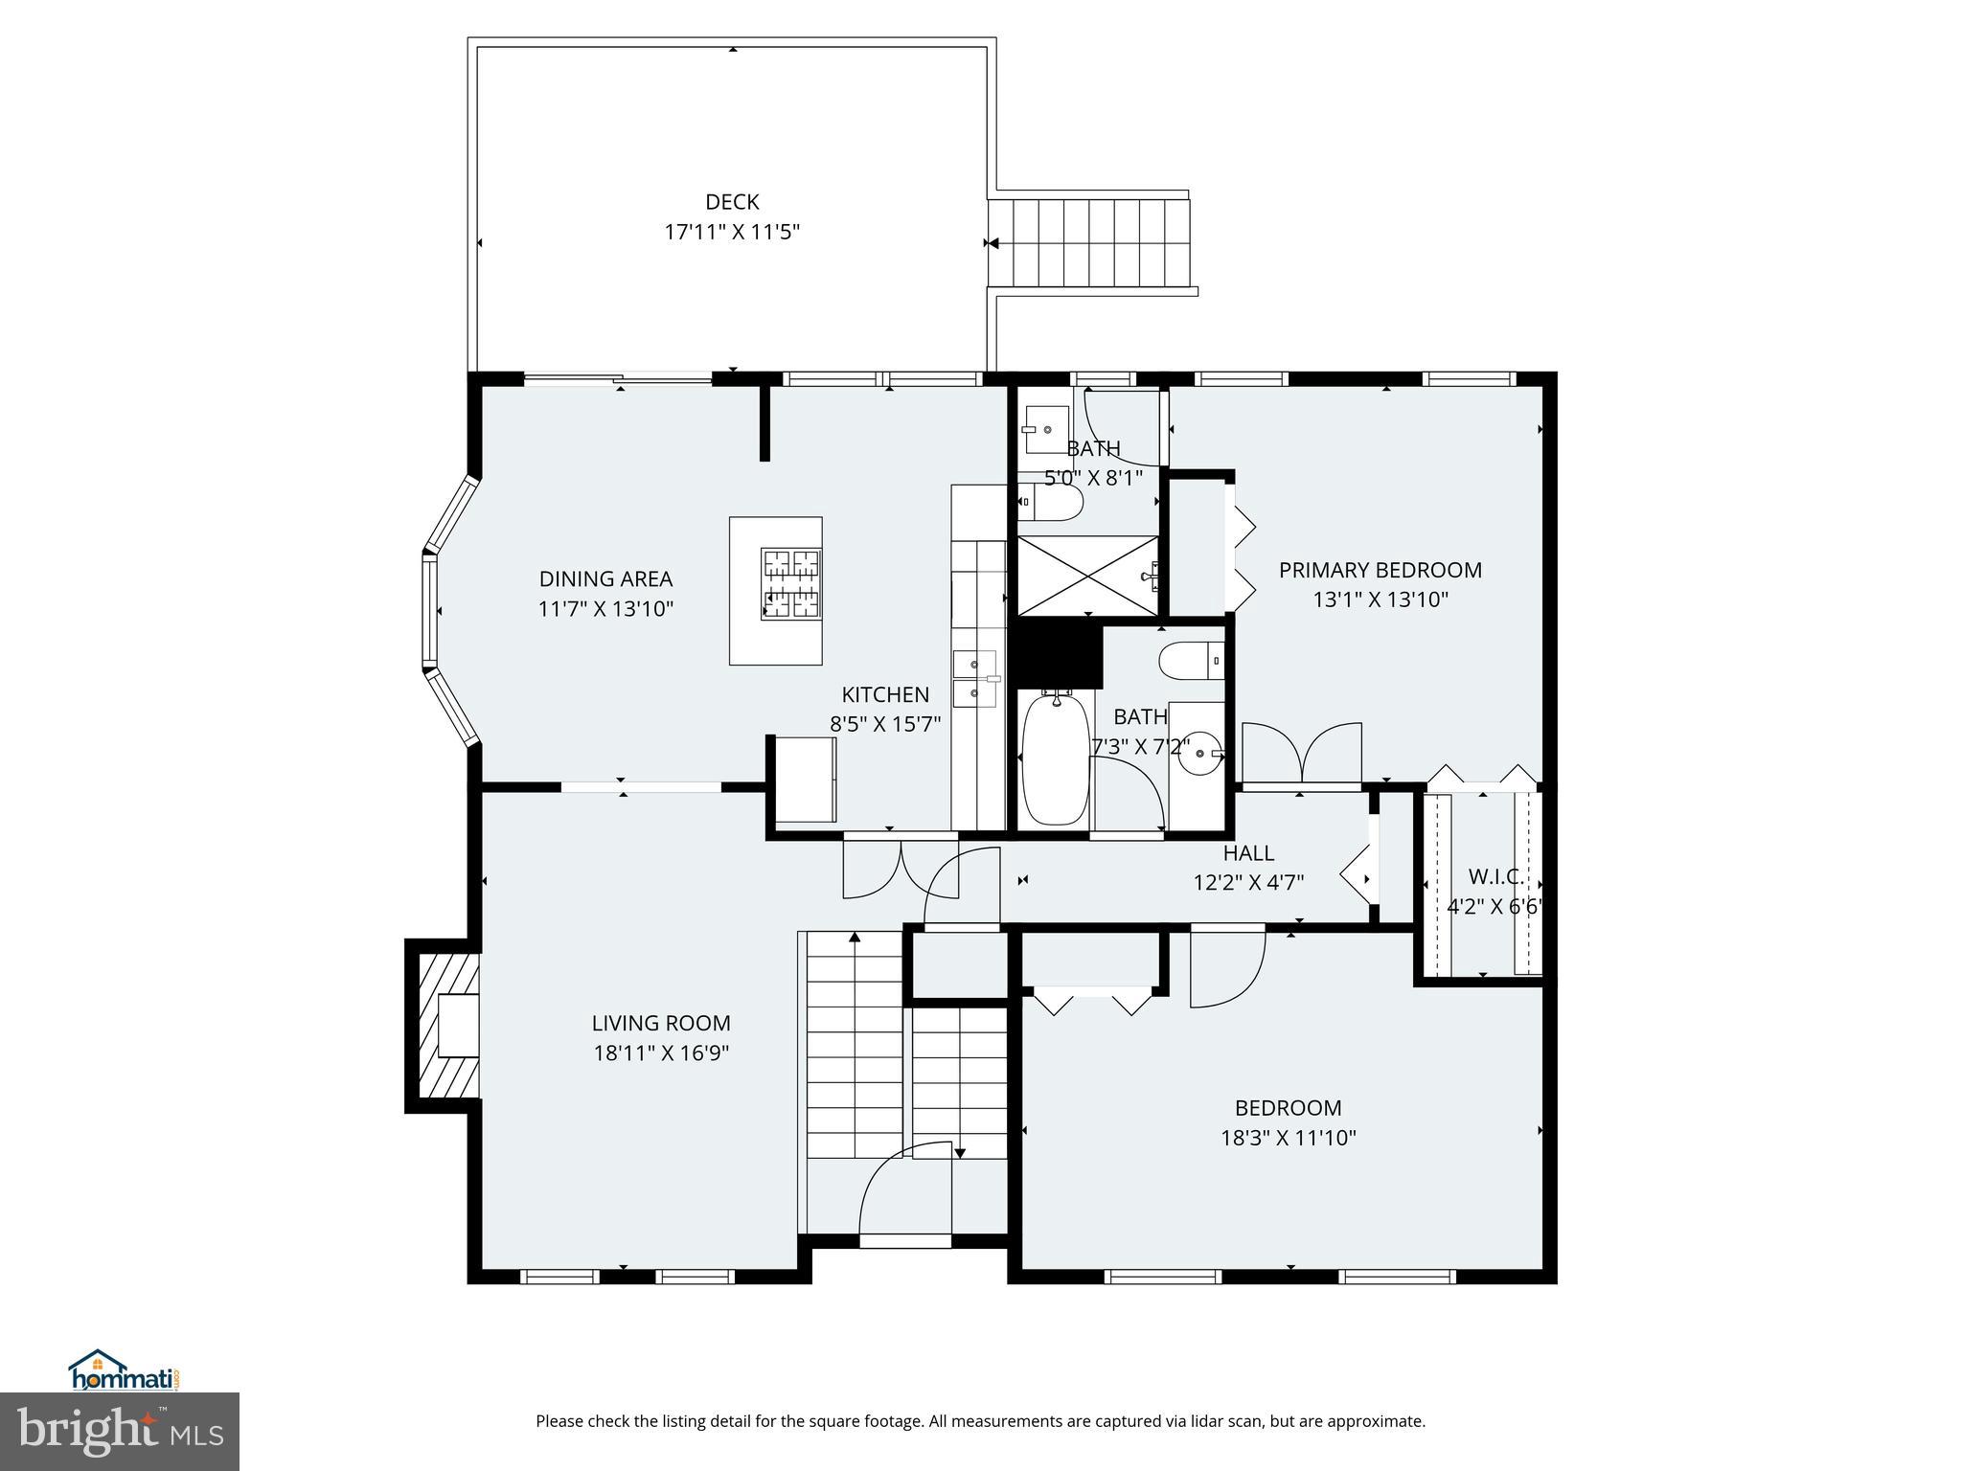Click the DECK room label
coord(732,202)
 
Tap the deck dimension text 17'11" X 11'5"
coord(732,232)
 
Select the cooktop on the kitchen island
coord(791,584)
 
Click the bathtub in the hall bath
coord(1055,759)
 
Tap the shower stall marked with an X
coord(1087,576)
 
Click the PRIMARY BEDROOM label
coord(1380,571)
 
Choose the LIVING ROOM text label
coord(661,1024)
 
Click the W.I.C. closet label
coord(1494,876)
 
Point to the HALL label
coord(1248,853)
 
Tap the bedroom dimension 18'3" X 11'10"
coord(1288,1139)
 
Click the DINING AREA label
coord(605,579)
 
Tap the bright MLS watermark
coord(120,1431)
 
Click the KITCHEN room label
coord(885,695)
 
